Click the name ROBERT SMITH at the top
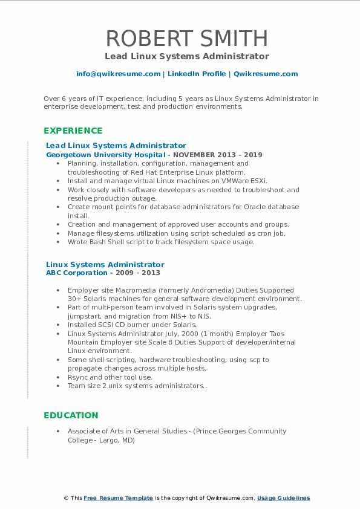click(186, 37)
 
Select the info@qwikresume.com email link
click(118, 74)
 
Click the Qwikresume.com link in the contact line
click(266, 74)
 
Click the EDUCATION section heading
click(71, 415)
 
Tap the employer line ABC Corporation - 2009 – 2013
click(103, 273)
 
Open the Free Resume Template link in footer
click(118, 498)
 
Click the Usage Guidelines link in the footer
click(283, 498)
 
